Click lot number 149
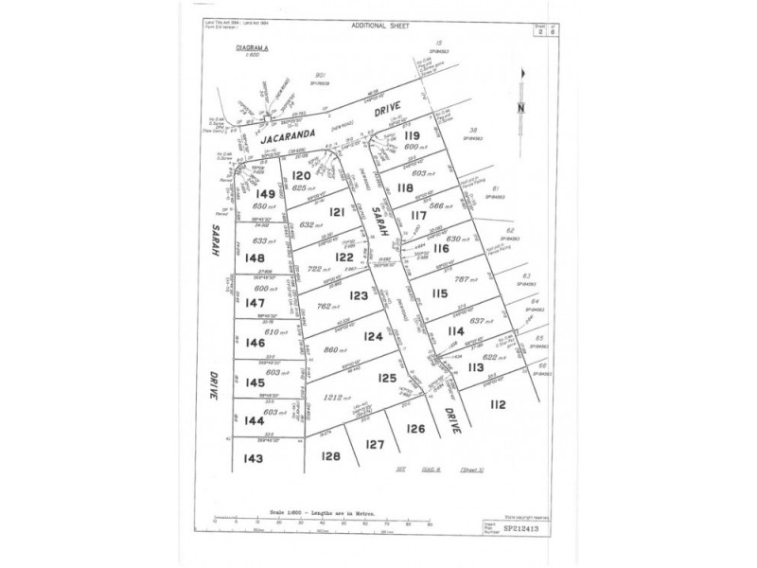[x=265, y=194]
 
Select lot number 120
[x=303, y=176]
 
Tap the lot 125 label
[x=385, y=377]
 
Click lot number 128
[x=330, y=455]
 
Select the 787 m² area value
[x=468, y=279]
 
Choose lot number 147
[x=254, y=303]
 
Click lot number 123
[x=358, y=296]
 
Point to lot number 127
[x=376, y=444]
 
